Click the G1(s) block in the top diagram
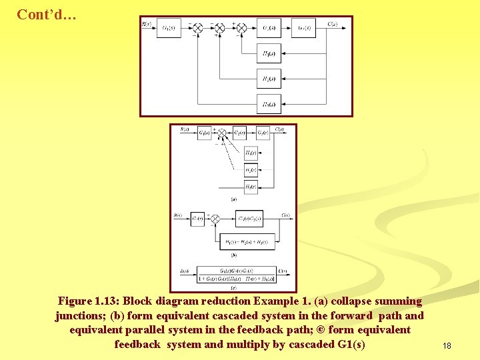(x=169, y=28)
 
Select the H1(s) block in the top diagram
(x=269, y=53)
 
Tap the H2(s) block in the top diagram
(x=269, y=79)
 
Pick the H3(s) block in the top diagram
(x=269, y=103)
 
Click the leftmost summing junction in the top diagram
(x=198, y=28)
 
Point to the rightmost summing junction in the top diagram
(x=241, y=28)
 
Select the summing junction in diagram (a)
(x=221, y=133)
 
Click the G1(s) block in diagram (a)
(x=204, y=133)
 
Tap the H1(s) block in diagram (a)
(x=251, y=153)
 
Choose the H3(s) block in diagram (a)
(x=251, y=187)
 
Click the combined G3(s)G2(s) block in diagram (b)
(x=249, y=219)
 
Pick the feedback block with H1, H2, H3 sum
(x=247, y=241)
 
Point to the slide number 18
(x=447, y=346)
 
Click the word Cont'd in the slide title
(x=45, y=14)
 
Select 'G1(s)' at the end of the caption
(x=349, y=345)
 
